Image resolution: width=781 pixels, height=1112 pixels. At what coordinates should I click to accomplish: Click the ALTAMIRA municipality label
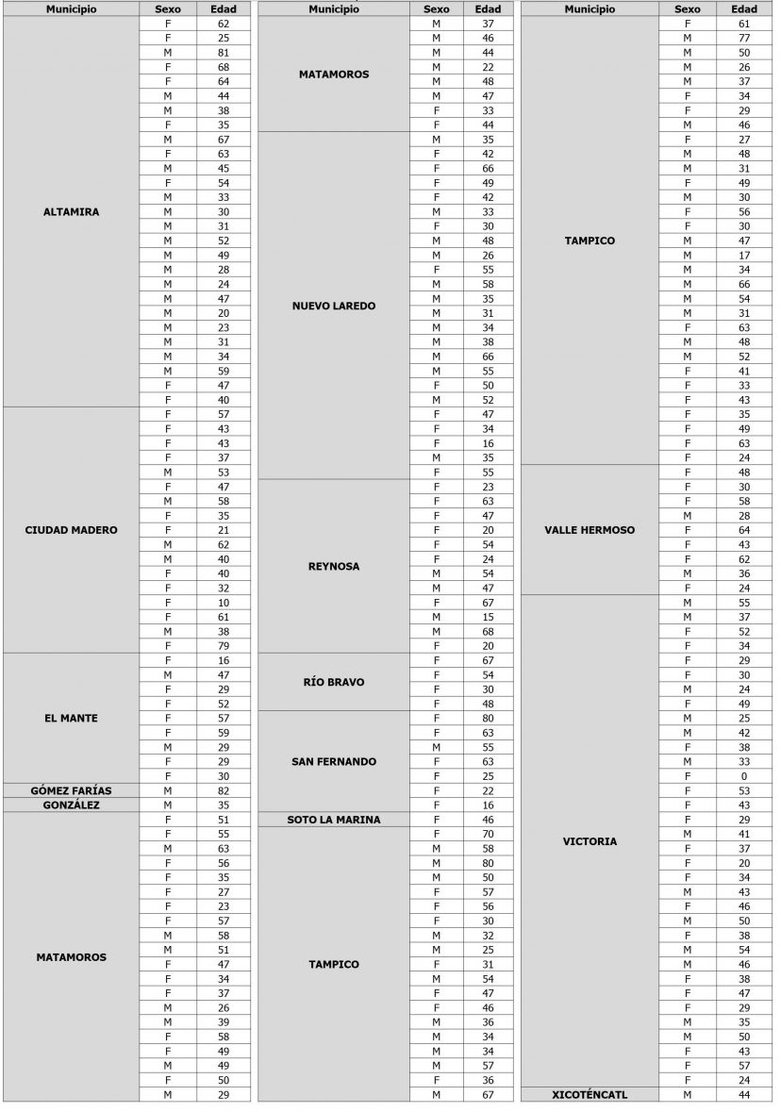71,212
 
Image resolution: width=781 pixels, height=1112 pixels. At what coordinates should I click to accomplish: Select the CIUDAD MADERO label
71,530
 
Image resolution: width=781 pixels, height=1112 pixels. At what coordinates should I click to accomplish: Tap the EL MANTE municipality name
71,719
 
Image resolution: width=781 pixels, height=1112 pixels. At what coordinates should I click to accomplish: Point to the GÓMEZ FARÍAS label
71,790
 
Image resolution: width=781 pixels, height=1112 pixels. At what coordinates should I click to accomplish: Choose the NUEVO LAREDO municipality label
334,306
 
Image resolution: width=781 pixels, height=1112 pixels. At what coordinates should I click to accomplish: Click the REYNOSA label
334,567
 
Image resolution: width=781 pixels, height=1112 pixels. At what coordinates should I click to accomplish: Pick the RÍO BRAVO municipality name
334,682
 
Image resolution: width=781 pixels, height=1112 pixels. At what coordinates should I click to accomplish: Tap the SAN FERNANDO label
334,761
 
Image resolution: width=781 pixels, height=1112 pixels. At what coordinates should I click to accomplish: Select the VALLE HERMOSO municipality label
590,530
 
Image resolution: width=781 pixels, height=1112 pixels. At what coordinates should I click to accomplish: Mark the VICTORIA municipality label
590,841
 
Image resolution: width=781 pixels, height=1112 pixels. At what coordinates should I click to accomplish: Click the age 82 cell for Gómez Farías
223,790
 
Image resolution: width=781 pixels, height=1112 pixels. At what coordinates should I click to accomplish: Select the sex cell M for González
167,805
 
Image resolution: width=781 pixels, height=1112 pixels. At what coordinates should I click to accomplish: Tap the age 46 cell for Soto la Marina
488,820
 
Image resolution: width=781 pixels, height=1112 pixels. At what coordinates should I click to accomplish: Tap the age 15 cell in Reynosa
488,617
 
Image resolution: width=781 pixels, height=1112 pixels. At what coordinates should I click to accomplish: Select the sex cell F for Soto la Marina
436,820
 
